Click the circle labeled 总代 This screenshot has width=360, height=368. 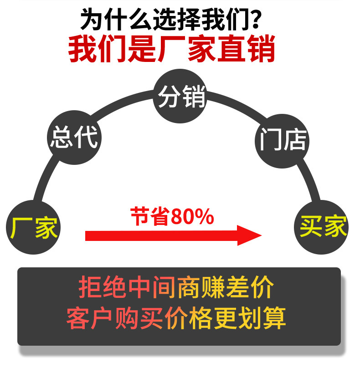click(73, 137)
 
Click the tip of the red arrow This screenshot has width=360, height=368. click(260, 235)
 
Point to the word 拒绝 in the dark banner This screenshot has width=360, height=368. click(97, 287)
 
